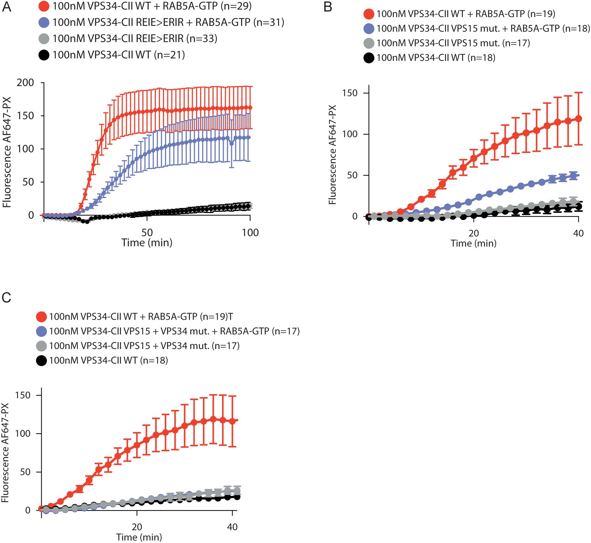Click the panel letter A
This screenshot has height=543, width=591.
click(x=7, y=7)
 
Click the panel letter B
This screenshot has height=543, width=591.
click(x=328, y=7)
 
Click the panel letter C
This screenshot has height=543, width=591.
click(x=6, y=297)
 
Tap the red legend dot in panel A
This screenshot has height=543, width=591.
click(x=44, y=6)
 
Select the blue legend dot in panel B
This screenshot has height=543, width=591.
click(x=369, y=28)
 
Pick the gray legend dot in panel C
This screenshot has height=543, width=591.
click(x=41, y=346)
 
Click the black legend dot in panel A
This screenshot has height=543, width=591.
click(x=44, y=55)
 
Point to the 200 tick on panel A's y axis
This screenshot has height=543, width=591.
click(x=26, y=83)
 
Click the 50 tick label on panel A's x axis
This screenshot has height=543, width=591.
click(x=147, y=233)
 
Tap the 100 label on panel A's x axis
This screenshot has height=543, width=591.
click(x=250, y=233)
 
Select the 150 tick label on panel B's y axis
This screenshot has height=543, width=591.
click(x=350, y=93)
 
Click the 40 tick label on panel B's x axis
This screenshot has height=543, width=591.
click(x=578, y=233)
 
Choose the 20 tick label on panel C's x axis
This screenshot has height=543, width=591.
click(x=137, y=527)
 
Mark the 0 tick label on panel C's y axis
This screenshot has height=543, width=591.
click(x=28, y=510)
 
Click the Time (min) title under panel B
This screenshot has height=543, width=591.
click(x=473, y=243)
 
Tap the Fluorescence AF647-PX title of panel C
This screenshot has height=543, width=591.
click(x=5, y=453)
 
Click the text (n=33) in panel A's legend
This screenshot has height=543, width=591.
click(x=202, y=39)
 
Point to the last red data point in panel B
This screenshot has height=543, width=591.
click(x=578, y=119)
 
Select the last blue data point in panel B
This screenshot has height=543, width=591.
click(x=574, y=176)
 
